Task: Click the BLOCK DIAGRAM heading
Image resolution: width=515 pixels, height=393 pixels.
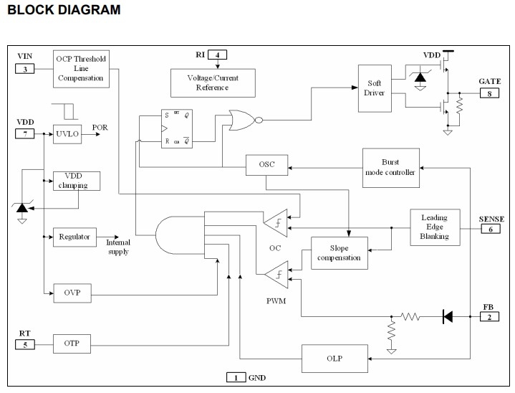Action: (x=64, y=10)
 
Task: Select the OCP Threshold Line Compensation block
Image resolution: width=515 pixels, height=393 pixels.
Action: (x=81, y=68)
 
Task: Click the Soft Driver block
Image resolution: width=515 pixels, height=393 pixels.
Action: (x=374, y=87)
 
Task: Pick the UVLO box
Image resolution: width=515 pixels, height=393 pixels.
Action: (x=67, y=133)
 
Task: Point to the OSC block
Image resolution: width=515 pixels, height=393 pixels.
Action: (x=266, y=165)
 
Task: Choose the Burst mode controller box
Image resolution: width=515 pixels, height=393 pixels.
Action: (x=390, y=167)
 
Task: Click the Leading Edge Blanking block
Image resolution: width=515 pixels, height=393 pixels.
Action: (x=433, y=227)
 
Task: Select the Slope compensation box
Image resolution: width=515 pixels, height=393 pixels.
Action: (x=339, y=252)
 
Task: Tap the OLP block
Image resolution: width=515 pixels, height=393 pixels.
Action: (x=333, y=358)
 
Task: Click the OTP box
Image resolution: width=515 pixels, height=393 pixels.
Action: (x=72, y=344)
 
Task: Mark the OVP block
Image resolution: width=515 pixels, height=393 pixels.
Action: (x=72, y=293)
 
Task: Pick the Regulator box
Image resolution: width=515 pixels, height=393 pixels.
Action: (x=74, y=236)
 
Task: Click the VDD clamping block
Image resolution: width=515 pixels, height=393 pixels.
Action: (x=77, y=180)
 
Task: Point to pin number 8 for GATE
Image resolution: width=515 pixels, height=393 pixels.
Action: (x=490, y=93)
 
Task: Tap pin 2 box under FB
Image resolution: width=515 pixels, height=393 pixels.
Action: (x=490, y=318)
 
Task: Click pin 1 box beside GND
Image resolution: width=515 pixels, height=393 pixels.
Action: (x=236, y=377)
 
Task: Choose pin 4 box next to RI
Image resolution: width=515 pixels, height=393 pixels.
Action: (x=216, y=55)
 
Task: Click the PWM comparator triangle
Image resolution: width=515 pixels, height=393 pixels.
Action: (x=276, y=273)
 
